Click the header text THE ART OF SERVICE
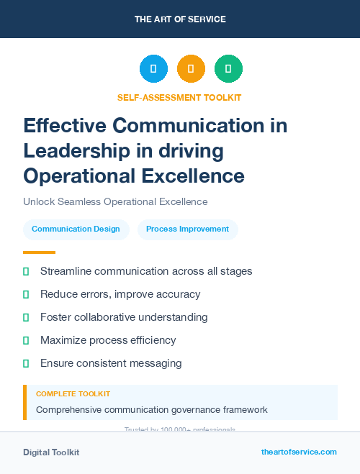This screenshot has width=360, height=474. [180, 19]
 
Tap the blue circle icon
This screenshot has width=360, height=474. [153, 69]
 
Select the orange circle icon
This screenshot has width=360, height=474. [191, 69]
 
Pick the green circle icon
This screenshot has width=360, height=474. [228, 69]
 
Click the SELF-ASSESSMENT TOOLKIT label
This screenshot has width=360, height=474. [179, 97]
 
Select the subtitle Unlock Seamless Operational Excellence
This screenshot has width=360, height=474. [115, 202]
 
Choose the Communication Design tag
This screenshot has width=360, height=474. [76, 229]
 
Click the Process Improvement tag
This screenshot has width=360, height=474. [187, 229]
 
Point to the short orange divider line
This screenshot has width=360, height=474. [39, 252]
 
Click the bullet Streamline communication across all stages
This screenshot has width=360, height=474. [146, 271]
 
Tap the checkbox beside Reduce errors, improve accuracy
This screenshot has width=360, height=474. [26, 294]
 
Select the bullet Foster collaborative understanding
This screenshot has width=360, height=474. [124, 317]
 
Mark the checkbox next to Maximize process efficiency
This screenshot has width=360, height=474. [26, 340]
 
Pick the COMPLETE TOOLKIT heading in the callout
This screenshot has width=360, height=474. [73, 394]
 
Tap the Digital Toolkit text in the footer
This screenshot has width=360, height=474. [51, 452]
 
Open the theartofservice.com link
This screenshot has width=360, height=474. [299, 452]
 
